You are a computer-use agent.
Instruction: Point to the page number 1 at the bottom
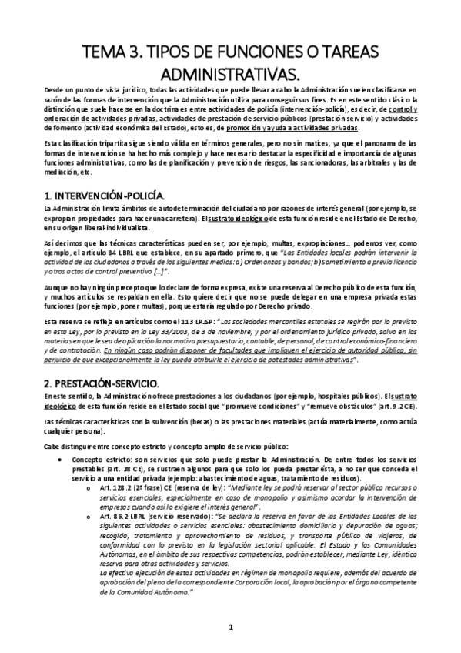230,628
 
